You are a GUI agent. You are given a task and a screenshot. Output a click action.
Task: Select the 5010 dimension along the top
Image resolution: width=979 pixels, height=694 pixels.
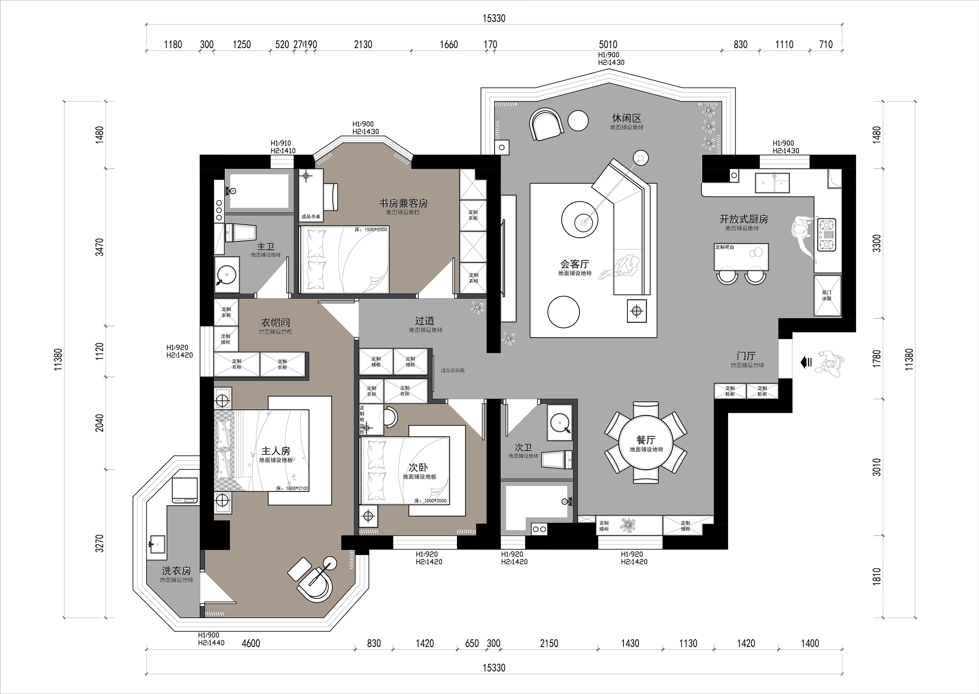click(x=608, y=45)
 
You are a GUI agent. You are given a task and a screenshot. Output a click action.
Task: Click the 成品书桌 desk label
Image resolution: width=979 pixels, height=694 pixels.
click(x=311, y=217)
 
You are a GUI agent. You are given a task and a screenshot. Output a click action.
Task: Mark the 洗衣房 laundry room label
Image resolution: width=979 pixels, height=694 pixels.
click(x=176, y=571)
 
